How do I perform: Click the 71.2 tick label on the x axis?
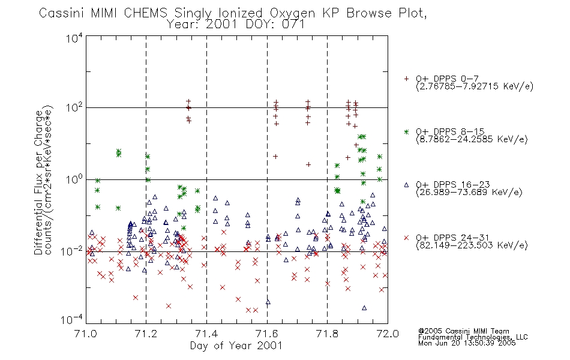tap(146, 334)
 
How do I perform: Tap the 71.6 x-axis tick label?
tap(267, 334)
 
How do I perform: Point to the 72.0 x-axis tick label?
tap(388, 334)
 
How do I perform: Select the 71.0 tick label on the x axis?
tap(85, 334)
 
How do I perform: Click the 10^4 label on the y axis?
tap(74, 38)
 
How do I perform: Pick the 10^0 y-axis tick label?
tap(74, 179)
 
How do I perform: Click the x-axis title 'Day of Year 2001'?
tap(236, 346)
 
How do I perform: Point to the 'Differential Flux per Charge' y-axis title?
tap(38, 182)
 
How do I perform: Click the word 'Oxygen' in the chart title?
tap(292, 13)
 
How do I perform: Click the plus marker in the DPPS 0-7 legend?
tap(406, 79)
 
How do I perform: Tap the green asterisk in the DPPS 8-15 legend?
tap(406, 131)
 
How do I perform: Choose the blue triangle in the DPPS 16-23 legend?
tap(406, 185)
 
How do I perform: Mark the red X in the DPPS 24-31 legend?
tap(406, 238)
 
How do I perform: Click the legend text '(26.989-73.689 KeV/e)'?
tap(469, 192)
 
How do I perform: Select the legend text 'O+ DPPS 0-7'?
tap(448, 79)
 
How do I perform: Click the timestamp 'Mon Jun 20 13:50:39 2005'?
tap(467, 343)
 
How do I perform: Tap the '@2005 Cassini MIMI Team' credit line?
tap(463, 331)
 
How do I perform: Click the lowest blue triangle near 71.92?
tap(364, 308)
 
